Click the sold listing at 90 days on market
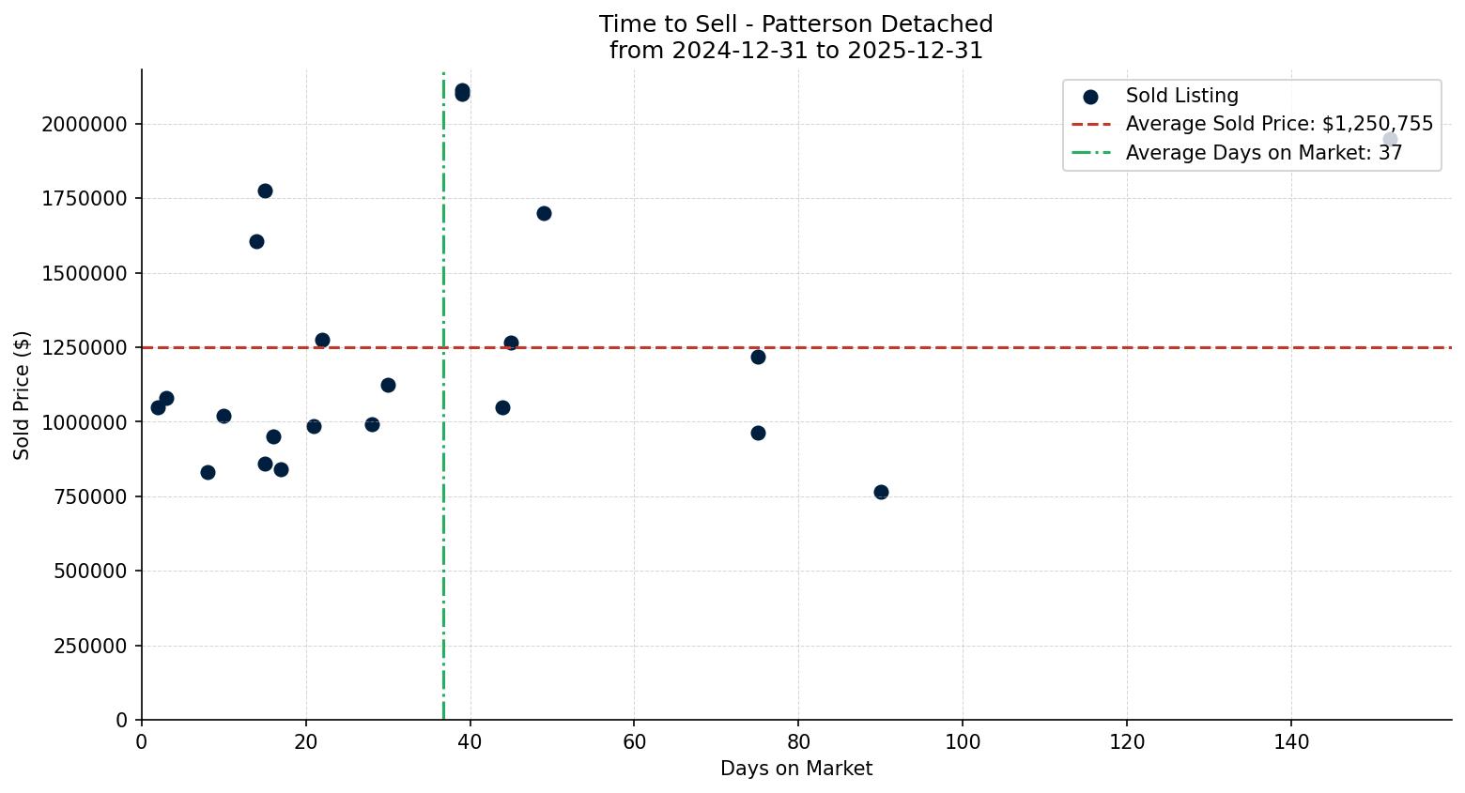point(881,492)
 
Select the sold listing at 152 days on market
point(1390,139)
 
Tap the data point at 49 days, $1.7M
point(544,213)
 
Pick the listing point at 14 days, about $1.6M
point(256,241)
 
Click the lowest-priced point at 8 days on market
point(208,472)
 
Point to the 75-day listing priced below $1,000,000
point(758,433)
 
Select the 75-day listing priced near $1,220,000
point(758,357)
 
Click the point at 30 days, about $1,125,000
point(388,385)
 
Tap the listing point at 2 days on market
point(158,407)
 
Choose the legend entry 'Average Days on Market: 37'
point(1263,153)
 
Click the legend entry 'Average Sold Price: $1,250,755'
point(1278,124)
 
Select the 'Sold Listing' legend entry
point(1181,96)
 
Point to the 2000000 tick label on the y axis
point(85,125)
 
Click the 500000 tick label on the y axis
point(90,572)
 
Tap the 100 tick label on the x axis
point(963,742)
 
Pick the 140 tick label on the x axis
point(1291,742)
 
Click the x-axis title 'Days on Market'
point(796,769)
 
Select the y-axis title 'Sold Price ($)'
point(23,395)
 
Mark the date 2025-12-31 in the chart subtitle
point(915,51)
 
